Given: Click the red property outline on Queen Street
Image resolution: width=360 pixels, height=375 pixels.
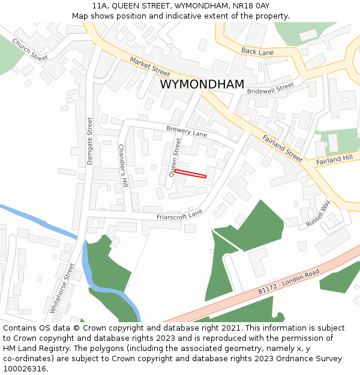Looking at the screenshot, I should click(x=190, y=173).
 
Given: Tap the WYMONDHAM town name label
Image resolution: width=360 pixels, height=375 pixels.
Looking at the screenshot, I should click(x=202, y=85).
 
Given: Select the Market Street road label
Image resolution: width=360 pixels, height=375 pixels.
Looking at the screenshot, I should click(x=150, y=66).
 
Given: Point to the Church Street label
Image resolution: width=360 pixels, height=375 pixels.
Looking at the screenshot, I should click(x=29, y=50).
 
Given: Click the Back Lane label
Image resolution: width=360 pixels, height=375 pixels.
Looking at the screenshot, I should click(x=257, y=52).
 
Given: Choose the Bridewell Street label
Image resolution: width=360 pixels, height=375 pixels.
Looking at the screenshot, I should click(x=271, y=88).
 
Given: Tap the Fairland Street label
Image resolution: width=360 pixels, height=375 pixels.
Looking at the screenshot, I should click(x=282, y=148).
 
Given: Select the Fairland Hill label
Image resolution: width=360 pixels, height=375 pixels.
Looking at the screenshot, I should click(x=335, y=159).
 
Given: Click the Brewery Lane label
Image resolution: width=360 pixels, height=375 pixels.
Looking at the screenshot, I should click(x=187, y=131).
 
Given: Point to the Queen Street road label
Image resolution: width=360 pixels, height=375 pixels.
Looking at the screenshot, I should click(x=175, y=157).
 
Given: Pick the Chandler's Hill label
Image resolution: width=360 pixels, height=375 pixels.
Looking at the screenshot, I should click(x=122, y=164).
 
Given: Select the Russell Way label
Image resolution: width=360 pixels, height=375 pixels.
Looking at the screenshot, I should click(x=318, y=213).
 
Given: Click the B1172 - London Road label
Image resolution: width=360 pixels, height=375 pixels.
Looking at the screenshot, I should click(x=289, y=281).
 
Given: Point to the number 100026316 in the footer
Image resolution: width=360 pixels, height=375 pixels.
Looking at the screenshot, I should click(x=25, y=369).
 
